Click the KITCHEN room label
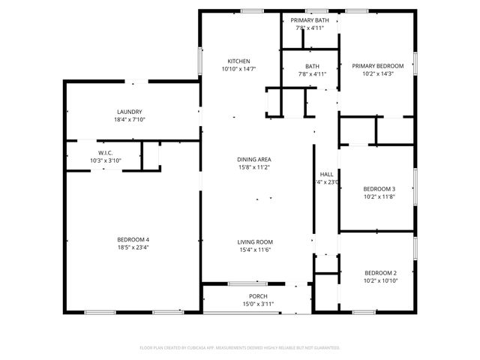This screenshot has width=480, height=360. coord(239,61)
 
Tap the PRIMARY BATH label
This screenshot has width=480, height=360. coord(310,20)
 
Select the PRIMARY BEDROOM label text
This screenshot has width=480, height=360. coord(378,66)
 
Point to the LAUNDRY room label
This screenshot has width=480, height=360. coord(130,112)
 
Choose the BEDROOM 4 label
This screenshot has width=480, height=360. coord(133,239)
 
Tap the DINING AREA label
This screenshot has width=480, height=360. coord(254,160)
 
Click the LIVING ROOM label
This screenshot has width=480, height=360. coord(255,242)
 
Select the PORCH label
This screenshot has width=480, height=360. coord(258,296)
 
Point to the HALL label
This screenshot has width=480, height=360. coord(327,173)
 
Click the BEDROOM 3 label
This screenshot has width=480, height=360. coord(379,188)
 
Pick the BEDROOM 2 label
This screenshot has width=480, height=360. coord(380,272)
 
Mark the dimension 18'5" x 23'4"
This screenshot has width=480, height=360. coord(133,247)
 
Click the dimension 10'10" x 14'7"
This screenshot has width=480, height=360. coord(239,69)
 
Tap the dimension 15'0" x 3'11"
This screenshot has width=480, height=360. coord(258,304)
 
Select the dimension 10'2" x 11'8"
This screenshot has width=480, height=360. coord(379,196)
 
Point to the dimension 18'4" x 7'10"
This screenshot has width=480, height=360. coord(130,120)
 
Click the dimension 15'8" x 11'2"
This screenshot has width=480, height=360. coord(254,168)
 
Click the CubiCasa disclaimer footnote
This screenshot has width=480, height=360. coord(240,348)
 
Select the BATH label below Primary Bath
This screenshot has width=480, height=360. coord(312,66)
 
